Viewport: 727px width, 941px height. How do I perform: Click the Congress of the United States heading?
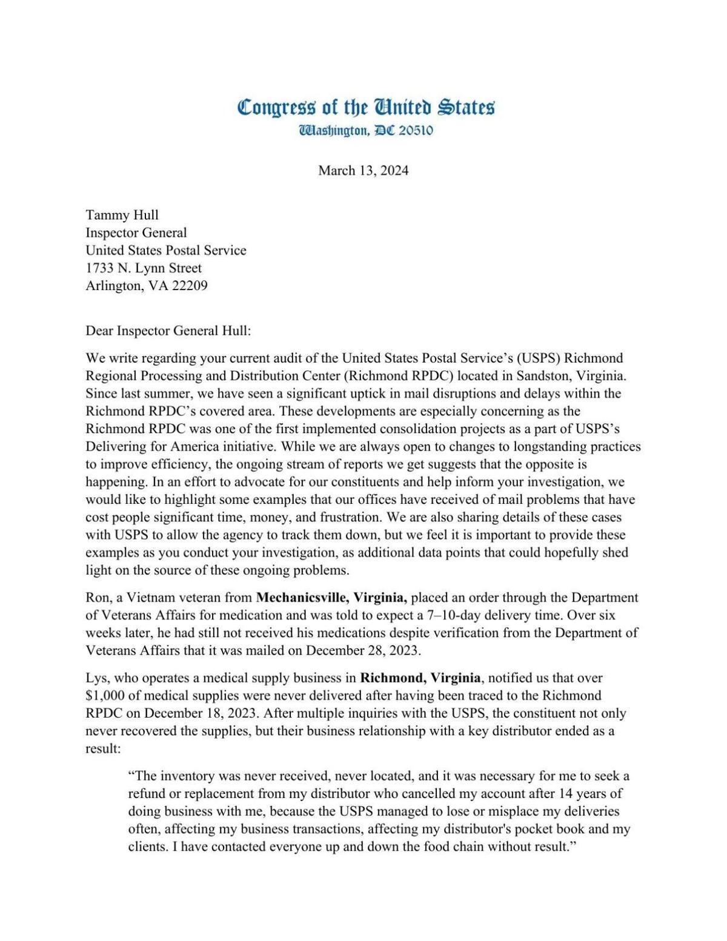365,108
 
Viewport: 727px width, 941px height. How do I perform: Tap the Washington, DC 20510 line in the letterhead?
365,131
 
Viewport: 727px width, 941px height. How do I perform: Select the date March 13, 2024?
363,171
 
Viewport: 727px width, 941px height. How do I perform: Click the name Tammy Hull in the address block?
122,215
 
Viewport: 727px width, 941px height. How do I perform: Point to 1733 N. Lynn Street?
144,268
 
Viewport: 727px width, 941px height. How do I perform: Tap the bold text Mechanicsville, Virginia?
331,598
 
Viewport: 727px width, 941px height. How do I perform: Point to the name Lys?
96,678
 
